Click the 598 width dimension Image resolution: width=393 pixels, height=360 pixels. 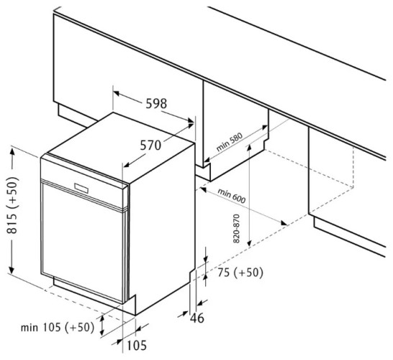click(156, 104)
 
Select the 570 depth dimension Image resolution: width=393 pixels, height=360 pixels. click(150, 145)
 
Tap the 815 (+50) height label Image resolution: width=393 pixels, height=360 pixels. click(13, 205)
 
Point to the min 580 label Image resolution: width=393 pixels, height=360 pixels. click(230, 142)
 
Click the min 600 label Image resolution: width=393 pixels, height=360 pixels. click(231, 196)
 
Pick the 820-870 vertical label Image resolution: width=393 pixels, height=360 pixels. click(236, 228)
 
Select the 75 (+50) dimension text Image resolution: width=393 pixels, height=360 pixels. click(240, 272)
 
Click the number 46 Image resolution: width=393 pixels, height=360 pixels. click(197, 318)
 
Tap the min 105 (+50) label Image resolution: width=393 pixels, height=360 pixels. click(58, 327)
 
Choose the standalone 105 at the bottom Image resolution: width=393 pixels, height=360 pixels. click(137, 346)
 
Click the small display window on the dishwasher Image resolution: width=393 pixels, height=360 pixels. click(81, 188)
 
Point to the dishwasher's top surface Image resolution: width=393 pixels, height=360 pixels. click(121, 148)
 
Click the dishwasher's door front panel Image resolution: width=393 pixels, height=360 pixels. click(83, 240)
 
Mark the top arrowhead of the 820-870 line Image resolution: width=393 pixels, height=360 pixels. click(248, 148)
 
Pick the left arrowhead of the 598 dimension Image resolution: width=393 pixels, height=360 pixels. click(117, 94)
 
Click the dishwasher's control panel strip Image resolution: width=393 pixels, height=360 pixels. click(84, 181)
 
